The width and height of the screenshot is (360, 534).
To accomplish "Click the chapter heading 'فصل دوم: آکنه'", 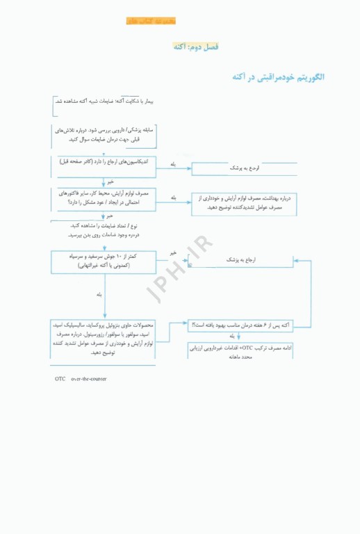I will click(x=195, y=47).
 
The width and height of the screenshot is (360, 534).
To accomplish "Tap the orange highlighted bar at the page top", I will click(x=151, y=21).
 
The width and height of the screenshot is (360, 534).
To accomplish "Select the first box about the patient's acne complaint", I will click(x=104, y=102).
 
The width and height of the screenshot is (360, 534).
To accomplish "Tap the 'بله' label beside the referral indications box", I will click(x=173, y=163).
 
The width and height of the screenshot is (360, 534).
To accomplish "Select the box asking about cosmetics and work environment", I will click(x=104, y=197).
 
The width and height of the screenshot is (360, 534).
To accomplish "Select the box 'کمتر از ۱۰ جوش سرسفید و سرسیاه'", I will click(x=104, y=261).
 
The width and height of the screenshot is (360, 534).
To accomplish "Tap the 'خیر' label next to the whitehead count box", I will click(x=173, y=253).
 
